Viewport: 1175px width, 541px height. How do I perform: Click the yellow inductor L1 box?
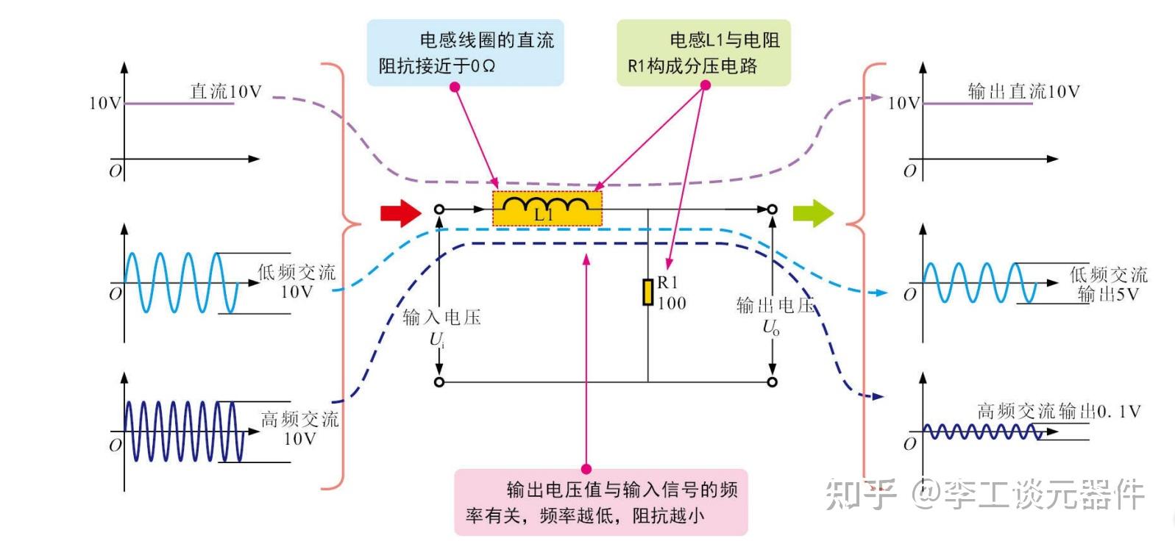point(547,209)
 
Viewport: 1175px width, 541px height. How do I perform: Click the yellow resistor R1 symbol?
point(647,292)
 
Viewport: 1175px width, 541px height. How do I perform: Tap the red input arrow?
point(401,213)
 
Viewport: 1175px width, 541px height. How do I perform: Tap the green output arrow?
point(813,213)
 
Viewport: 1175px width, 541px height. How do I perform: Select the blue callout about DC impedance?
point(465,53)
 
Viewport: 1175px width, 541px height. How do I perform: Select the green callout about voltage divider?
point(703,53)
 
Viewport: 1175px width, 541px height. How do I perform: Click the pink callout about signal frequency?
point(601,502)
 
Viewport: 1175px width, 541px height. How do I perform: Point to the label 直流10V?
point(226,92)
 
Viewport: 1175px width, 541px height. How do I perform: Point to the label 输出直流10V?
point(1023,92)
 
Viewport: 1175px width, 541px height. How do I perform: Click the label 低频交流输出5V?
point(1108,284)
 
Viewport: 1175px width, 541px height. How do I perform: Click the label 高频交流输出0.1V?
point(1059,412)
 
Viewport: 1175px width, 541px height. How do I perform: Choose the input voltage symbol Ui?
point(437,341)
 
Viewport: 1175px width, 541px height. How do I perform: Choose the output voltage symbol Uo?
point(771,328)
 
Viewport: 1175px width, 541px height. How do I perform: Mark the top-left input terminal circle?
point(439,209)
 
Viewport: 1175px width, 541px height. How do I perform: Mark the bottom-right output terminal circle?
point(772,382)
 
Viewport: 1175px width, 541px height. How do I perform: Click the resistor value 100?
point(672,303)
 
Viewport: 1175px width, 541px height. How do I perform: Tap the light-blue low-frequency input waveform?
point(182,283)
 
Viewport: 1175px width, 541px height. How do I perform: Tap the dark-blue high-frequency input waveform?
point(185,431)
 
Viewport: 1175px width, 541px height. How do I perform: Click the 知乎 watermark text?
point(860,494)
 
